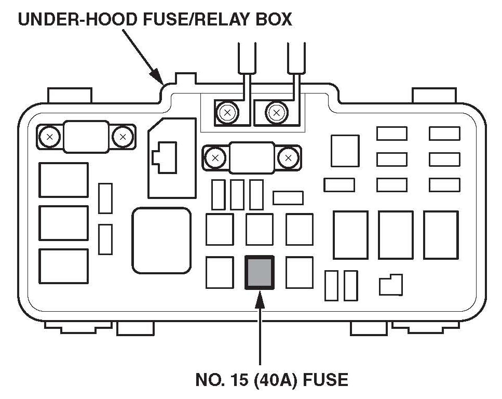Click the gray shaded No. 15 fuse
tap(259, 272)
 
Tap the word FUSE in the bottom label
tap(324, 380)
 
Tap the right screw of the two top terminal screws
tap(276, 112)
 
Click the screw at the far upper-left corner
tap(50, 137)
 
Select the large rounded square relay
tap(161, 240)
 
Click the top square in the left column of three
tap(63, 180)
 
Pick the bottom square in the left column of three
tap(63, 265)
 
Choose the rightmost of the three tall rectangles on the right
tap(440, 235)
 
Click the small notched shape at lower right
tap(390, 285)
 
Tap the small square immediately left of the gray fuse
tap(219, 272)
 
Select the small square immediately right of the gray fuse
tap(299, 272)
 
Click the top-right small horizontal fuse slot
tap(444, 134)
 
